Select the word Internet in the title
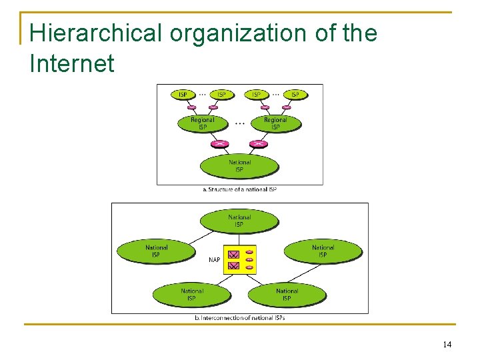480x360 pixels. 72,64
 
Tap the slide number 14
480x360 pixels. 447,344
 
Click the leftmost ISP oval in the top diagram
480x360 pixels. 183,95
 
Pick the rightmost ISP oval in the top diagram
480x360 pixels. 294,95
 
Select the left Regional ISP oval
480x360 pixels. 202,123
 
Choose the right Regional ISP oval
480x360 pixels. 275,123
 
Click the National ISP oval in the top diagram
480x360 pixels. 239,166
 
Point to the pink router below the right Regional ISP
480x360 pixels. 258,143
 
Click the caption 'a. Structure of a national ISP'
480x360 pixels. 239,189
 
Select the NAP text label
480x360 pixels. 214,259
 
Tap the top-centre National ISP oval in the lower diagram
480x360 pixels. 239,221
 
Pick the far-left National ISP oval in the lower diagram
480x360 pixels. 157,251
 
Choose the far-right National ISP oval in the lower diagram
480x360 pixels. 323,251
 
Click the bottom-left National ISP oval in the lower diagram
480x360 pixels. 192,294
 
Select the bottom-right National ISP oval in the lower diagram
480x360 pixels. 287,294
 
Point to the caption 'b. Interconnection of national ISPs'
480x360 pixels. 239,318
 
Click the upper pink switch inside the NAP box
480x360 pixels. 233,255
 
